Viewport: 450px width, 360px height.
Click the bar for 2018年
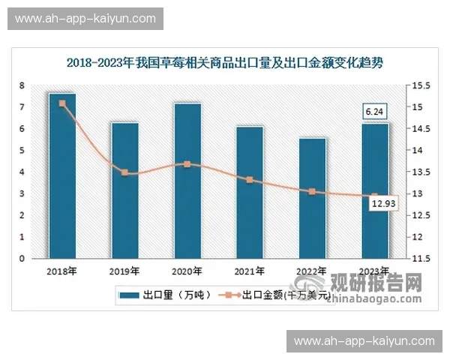[62, 176]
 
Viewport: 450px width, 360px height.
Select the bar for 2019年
[125, 190]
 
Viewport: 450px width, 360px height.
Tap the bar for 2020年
[187, 181]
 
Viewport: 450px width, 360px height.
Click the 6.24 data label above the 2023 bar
[373, 112]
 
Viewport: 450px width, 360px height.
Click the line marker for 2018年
[62, 103]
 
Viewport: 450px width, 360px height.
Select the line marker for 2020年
[187, 164]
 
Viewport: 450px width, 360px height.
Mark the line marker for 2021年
[250, 180]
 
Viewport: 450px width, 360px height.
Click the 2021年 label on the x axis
[250, 271]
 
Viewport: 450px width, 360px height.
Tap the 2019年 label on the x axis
[124, 271]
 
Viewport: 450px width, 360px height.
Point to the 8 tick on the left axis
[22, 85]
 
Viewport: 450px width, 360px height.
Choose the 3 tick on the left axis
[22, 194]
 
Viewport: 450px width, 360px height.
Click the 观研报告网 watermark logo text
[375, 283]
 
